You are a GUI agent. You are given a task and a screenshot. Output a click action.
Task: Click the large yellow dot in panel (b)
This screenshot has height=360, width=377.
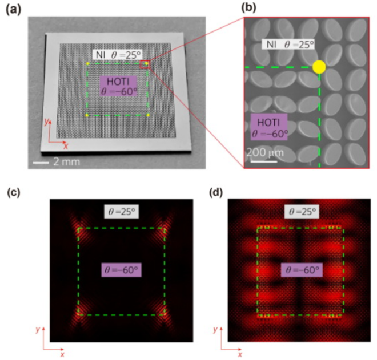pyautogui.click(x=319, y=67)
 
